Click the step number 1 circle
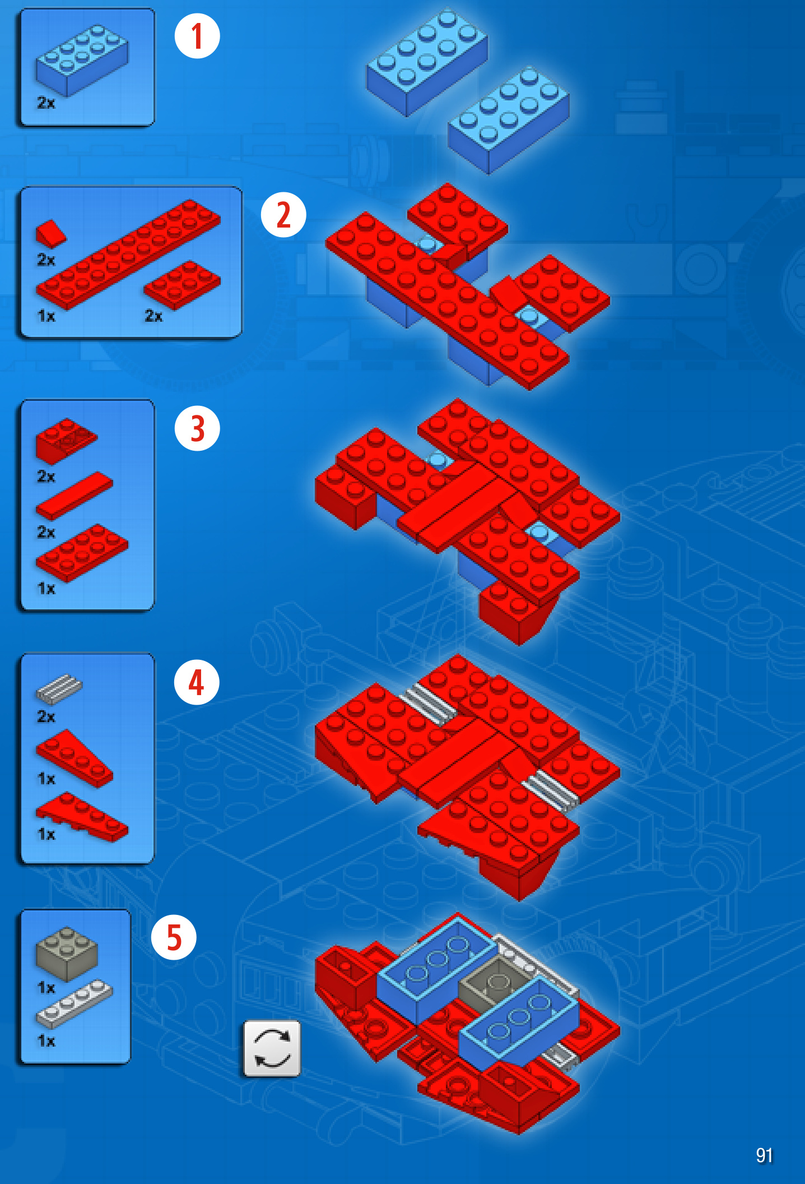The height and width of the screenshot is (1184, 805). click(x=197, y=36)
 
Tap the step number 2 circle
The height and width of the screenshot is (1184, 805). click(x=283, y=215)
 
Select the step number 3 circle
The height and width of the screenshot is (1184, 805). click(x=197, y=428)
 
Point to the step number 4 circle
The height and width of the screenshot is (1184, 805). click(x=197, y=682)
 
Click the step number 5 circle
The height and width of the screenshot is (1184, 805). click(x=174, y=937)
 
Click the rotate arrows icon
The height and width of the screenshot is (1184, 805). click(x=272, y=1048)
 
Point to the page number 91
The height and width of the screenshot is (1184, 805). click(x=764, y=1155)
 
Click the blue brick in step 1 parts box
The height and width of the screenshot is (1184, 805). click(x=82, y=60)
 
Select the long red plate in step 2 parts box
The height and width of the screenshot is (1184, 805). click(x=128, y=255)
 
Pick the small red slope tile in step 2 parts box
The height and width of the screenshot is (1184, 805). click(x=50, y=233)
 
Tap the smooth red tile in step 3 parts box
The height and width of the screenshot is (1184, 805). click(x=74, y=496)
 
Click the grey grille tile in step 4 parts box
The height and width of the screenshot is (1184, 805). click(x=59, y=689)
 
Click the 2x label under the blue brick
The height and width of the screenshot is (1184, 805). click(x=46, y=103)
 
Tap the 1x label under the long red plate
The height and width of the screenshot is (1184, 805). click(x=46, y=316)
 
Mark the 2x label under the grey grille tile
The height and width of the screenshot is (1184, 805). click(x=46, y=716)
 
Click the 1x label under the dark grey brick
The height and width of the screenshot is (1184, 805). click(x=46, y=988)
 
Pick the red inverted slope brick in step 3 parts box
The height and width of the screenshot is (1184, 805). click(x=66, y=441)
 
